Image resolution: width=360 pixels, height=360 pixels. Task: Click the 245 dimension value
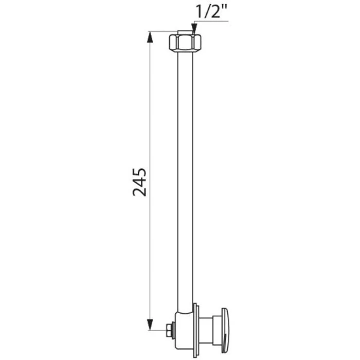tap(139, 182)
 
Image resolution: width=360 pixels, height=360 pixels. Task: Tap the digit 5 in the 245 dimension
tap(139, 173)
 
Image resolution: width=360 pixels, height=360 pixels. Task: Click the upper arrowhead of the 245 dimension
tap(150, 37)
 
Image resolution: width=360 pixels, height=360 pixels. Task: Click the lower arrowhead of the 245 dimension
tap(150, 325)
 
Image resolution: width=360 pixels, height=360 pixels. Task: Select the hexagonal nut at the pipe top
tap(185, 43)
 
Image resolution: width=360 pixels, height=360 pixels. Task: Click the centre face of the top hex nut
tap(185, 43)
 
